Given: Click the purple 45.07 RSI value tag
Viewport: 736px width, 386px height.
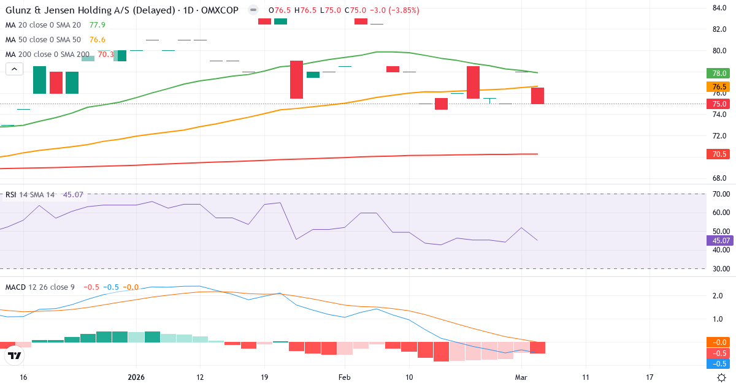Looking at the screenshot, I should [719, 240].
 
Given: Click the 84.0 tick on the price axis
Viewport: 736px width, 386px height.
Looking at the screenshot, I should [719, 8].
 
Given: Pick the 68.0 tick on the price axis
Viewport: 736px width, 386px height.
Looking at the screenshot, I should [719, 178].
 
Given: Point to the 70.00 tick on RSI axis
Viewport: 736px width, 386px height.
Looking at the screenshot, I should [719, 194].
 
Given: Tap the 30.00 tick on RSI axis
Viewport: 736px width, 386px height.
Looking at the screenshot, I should [719, 269].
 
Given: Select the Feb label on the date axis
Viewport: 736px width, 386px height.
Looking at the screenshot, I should [344, 377].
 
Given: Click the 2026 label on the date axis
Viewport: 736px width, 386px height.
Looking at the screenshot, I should [136, 377].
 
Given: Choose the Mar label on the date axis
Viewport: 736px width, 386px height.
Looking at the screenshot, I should [521, 377].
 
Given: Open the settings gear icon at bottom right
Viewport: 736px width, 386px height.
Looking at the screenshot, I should [722, 377].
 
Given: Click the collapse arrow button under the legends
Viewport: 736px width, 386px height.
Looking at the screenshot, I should [14, 69].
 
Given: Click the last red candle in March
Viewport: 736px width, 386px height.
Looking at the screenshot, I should [537, 96].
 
